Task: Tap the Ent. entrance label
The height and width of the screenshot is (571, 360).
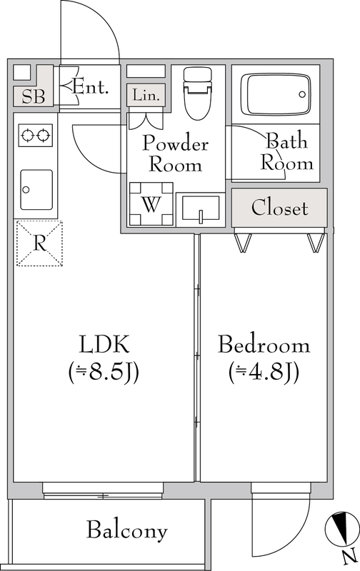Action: click(91, 88)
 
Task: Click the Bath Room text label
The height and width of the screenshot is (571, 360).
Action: click(287, 151)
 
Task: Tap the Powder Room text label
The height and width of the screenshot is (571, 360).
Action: click(175, 153)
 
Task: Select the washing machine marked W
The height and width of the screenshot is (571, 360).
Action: click(151, 203)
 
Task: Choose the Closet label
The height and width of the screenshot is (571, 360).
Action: click(279, 208)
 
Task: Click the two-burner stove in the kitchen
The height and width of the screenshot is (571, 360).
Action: click(35, 135)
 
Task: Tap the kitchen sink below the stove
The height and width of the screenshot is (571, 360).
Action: click(36, 189)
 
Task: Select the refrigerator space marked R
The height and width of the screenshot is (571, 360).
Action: click(39, 243)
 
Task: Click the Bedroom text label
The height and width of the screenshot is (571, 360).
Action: click(264, 346)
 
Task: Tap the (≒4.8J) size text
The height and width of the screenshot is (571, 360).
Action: click(264, 372)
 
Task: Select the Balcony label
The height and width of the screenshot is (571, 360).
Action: click(127, 530)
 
